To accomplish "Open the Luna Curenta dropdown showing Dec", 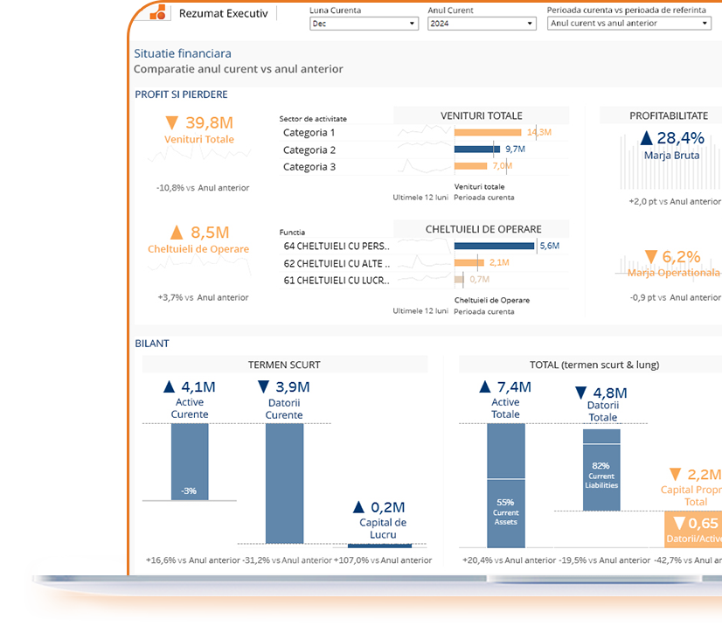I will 364,24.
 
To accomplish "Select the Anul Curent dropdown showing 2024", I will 481,24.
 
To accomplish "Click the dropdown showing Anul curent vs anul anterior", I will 628,24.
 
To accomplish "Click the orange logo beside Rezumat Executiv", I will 158,13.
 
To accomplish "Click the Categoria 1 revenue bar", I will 489,133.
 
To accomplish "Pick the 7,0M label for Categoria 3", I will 502,166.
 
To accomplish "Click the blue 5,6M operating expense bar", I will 494,247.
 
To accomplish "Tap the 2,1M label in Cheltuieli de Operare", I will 499,262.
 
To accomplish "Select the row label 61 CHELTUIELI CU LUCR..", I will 337,280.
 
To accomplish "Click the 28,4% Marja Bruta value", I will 673,138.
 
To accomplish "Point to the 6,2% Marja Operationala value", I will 673,257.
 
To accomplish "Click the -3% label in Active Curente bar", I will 189,491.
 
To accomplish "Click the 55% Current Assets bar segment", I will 505,511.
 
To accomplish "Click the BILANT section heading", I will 152,344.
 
